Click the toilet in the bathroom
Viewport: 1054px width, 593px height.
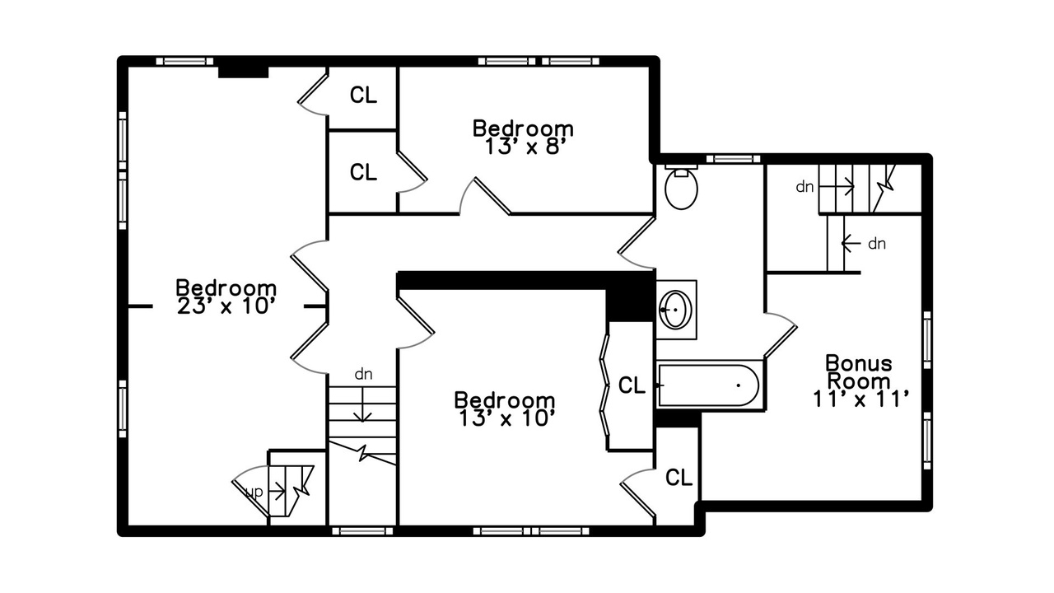(681, 187)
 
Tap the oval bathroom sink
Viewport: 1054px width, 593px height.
(675, 309)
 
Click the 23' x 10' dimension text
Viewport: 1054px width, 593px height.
(226, 306)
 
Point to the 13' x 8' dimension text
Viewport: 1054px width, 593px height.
(523, 147)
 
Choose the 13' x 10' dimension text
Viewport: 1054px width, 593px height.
(506, 418)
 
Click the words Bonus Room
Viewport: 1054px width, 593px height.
(859, 371)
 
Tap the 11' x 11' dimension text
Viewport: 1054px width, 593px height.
(860, 399)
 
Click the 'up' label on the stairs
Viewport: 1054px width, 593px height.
(254, 493)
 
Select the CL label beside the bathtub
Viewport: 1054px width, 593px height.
(632, 385)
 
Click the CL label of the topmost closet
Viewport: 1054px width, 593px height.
(363, 95)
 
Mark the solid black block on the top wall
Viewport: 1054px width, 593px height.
(243, 72)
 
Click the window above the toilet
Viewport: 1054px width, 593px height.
(733, 159)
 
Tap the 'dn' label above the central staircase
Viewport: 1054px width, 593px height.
(363, 374)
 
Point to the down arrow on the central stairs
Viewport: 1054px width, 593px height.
(362, 404)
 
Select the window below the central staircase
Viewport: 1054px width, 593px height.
(362, 531)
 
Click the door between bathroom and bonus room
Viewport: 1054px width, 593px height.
(780, 334)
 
